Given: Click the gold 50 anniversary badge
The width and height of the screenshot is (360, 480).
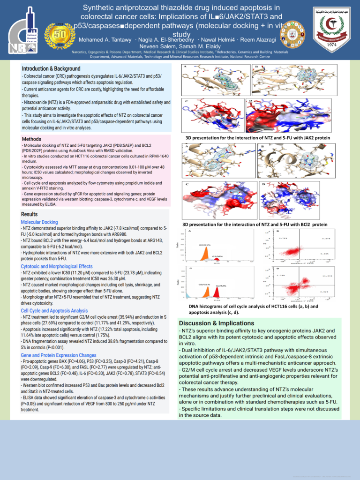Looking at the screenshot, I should coord(60,35).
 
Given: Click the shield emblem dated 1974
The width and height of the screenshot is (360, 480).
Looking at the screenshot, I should coord(328,29).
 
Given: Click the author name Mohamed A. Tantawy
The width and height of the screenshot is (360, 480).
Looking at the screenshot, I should coord(105,39).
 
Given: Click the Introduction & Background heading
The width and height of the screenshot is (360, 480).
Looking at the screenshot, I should coord(51,68).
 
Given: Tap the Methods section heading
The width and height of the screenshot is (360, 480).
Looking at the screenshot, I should coord(32,139).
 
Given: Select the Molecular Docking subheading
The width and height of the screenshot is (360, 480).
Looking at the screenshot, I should coord(39,222).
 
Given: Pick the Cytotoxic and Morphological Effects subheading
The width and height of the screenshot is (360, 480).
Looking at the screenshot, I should coord(57,266).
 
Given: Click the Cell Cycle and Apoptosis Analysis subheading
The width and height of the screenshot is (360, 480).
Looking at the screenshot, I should coord(54,310).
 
